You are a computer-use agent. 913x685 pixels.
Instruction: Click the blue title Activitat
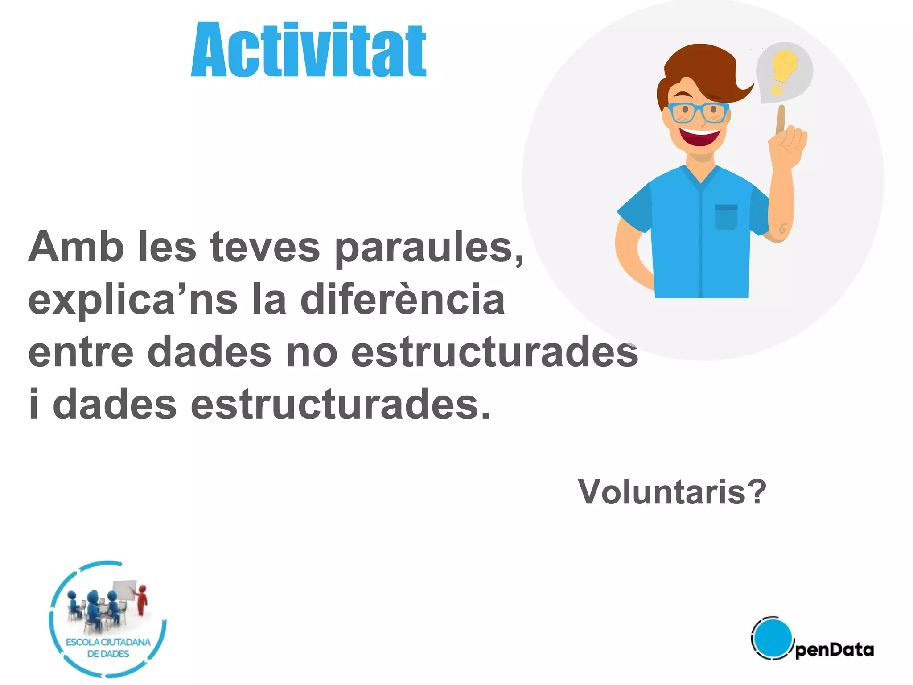(308, 50)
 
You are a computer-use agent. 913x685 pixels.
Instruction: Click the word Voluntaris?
(672, 492)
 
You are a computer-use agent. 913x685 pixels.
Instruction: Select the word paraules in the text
(429, 248)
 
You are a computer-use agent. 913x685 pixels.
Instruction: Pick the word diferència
(403, 300)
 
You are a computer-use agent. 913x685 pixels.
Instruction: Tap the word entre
(81, 352)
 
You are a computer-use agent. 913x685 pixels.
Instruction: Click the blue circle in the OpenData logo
(772, 638)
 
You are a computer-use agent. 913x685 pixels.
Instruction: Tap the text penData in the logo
(834, 650)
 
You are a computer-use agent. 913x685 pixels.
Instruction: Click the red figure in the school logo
(142, 600)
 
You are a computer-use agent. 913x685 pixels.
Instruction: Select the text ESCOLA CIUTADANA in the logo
(108, 642)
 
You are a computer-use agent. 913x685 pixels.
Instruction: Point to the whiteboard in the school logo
(124, 590)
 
